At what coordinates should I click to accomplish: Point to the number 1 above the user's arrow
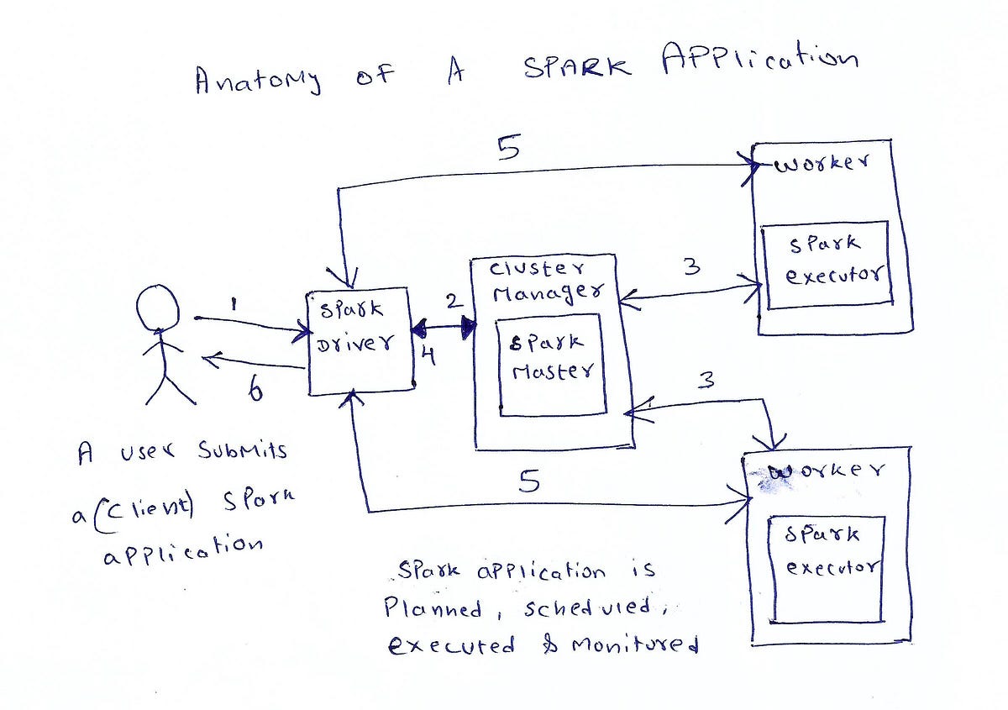click(x=233, y=300)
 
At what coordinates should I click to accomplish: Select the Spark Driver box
click(x=360, y=341)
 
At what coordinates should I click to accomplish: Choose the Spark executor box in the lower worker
click(x=825, y=569)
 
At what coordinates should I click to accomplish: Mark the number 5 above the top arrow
click(x=507, y=148)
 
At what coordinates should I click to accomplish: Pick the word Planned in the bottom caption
click(x=433, y=607)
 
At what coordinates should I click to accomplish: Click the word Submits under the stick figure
click(x=243, y=452)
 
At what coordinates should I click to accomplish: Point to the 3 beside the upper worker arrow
click(x=690, y=267)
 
